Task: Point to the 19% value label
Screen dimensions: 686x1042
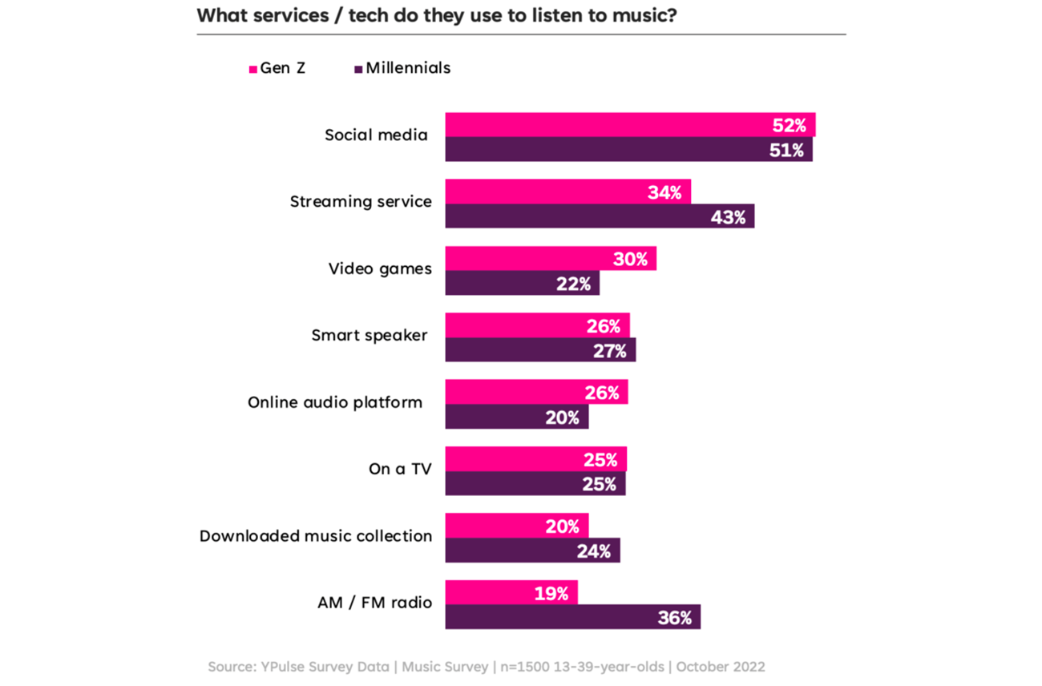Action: pyautogui.click(x=552, y=593)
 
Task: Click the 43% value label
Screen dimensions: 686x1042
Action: pyautogui.click(x=728, y=216)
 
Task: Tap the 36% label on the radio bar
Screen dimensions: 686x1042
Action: pyautogui.click(x=675, y=618)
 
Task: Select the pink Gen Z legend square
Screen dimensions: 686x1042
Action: pyautogui.click(x=253, y=69)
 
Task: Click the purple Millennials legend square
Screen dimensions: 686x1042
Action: pyautogui.click(x=358, y=69)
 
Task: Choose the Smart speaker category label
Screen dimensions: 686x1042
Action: pyautogui.click(x=370, y=335)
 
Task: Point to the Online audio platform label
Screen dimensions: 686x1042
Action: pyautogui.click(x=335, y=402)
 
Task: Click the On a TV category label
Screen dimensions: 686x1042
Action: pyautogui.click(x=400, y=469)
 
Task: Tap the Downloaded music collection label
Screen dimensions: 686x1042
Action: pyautogui.click(x=316, y=535)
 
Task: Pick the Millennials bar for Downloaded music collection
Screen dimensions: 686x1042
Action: pyautogui.click(x=532, y=551)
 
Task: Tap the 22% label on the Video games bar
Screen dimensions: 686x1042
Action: pyautogui.click(x=574, y=283)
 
